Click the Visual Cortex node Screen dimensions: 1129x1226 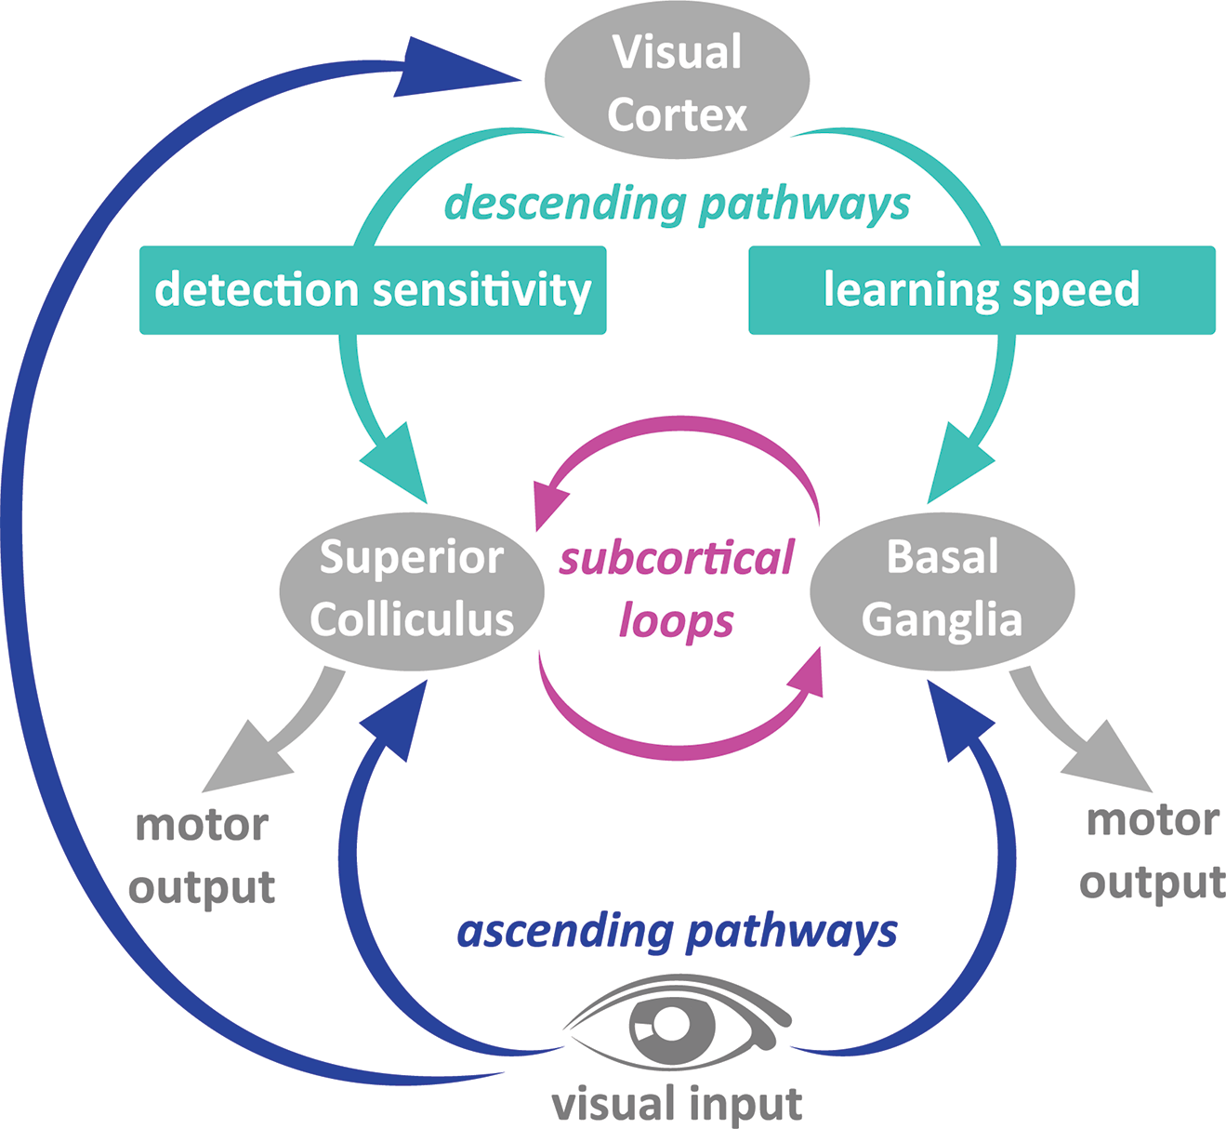(677, 82)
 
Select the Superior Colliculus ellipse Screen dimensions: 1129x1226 (412, 591)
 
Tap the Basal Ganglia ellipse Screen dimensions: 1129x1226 (942, 591)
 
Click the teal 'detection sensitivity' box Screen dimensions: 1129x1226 (373, 290)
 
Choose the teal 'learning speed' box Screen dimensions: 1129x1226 (982, 290)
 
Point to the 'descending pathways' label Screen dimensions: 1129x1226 (677, 204)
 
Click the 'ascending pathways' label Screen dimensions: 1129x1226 (677, 931)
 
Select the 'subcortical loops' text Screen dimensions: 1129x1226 (677, 589)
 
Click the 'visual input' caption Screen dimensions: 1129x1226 (677, 1104)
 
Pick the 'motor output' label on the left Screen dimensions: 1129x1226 (202, 856)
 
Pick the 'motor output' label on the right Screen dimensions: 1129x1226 (1153, 851)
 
